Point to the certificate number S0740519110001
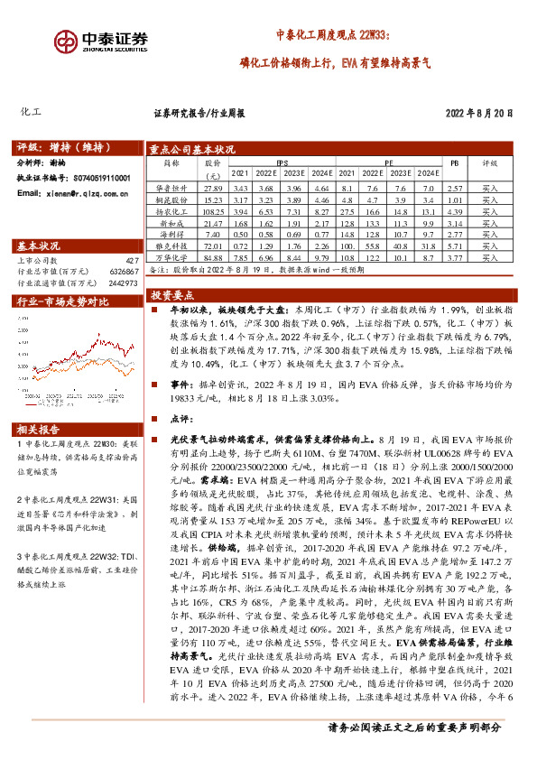tap(95, 179)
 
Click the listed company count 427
tap(132, 260)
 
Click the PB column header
tap(455, 164)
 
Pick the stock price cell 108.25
tap(213, 209)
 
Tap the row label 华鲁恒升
tap(171, 186)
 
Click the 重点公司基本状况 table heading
tap(192, 150)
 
